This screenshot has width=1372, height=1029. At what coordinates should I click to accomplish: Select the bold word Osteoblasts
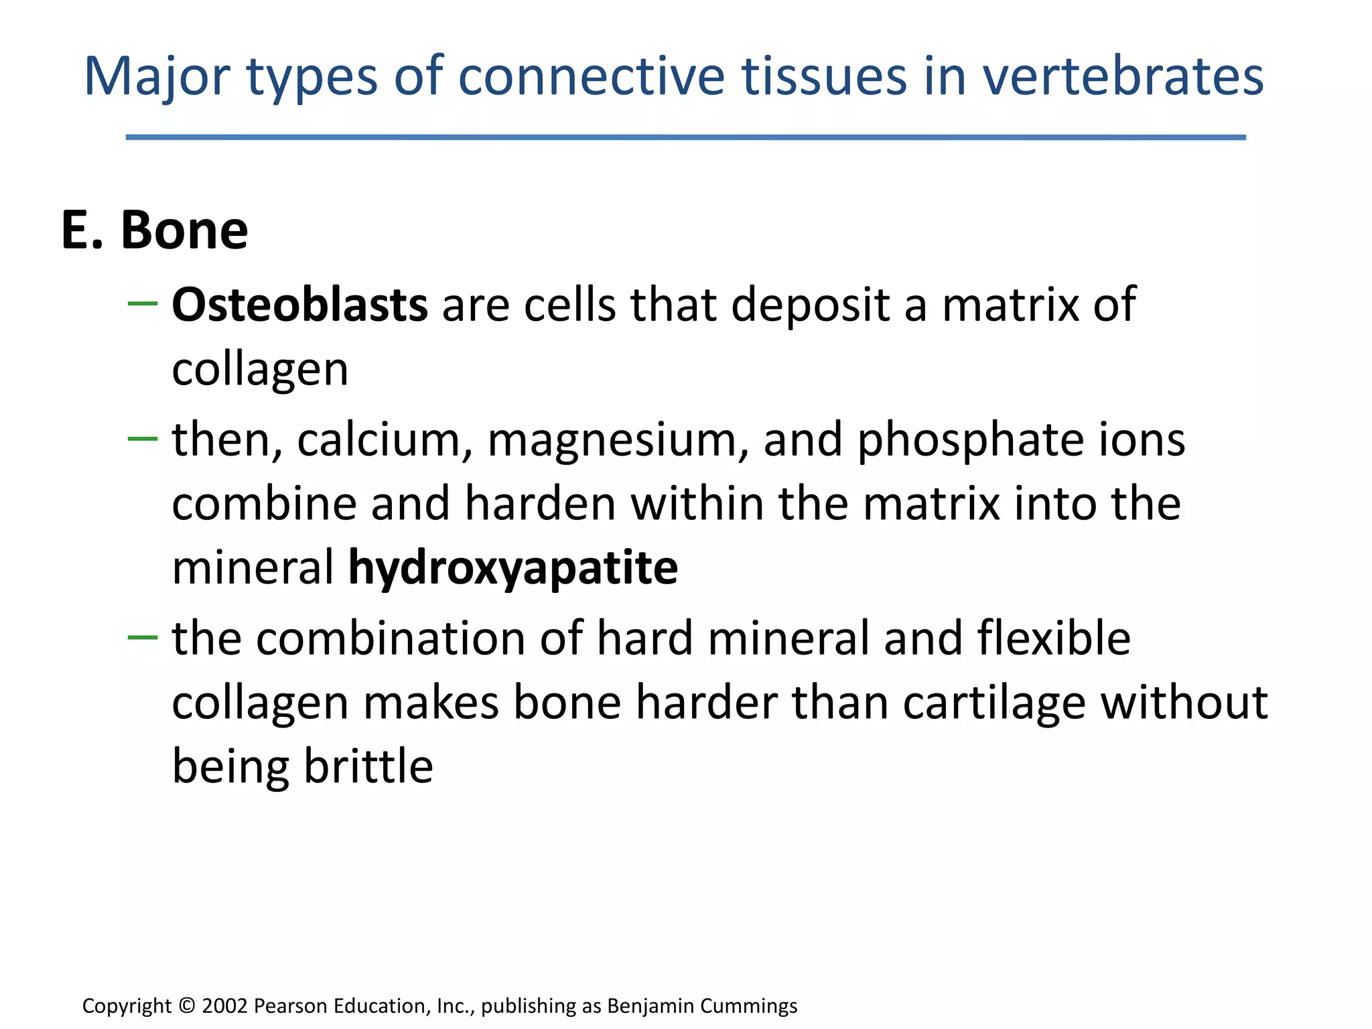point(299,305)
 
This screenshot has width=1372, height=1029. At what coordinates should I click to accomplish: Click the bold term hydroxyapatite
point(513,569)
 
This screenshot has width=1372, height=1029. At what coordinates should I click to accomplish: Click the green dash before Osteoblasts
point(142,304)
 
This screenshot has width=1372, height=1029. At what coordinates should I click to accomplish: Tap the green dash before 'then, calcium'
point(142,439)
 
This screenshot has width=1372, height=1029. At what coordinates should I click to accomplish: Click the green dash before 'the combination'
point(142,637)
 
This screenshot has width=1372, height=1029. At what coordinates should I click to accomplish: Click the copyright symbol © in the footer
point(188,1006)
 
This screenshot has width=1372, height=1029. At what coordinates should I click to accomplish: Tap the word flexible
point(1054,638)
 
